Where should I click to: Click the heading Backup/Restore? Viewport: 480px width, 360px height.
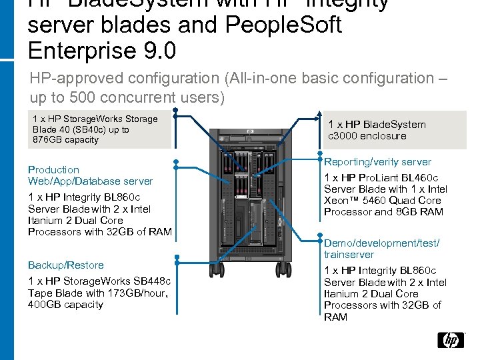pos(66,265)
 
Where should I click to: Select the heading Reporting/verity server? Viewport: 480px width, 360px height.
pos(377,162)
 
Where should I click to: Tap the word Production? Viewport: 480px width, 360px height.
pos(53,170)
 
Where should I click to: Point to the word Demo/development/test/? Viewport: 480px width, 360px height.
pos(381,243)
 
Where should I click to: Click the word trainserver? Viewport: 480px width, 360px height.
pos(349,255)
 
